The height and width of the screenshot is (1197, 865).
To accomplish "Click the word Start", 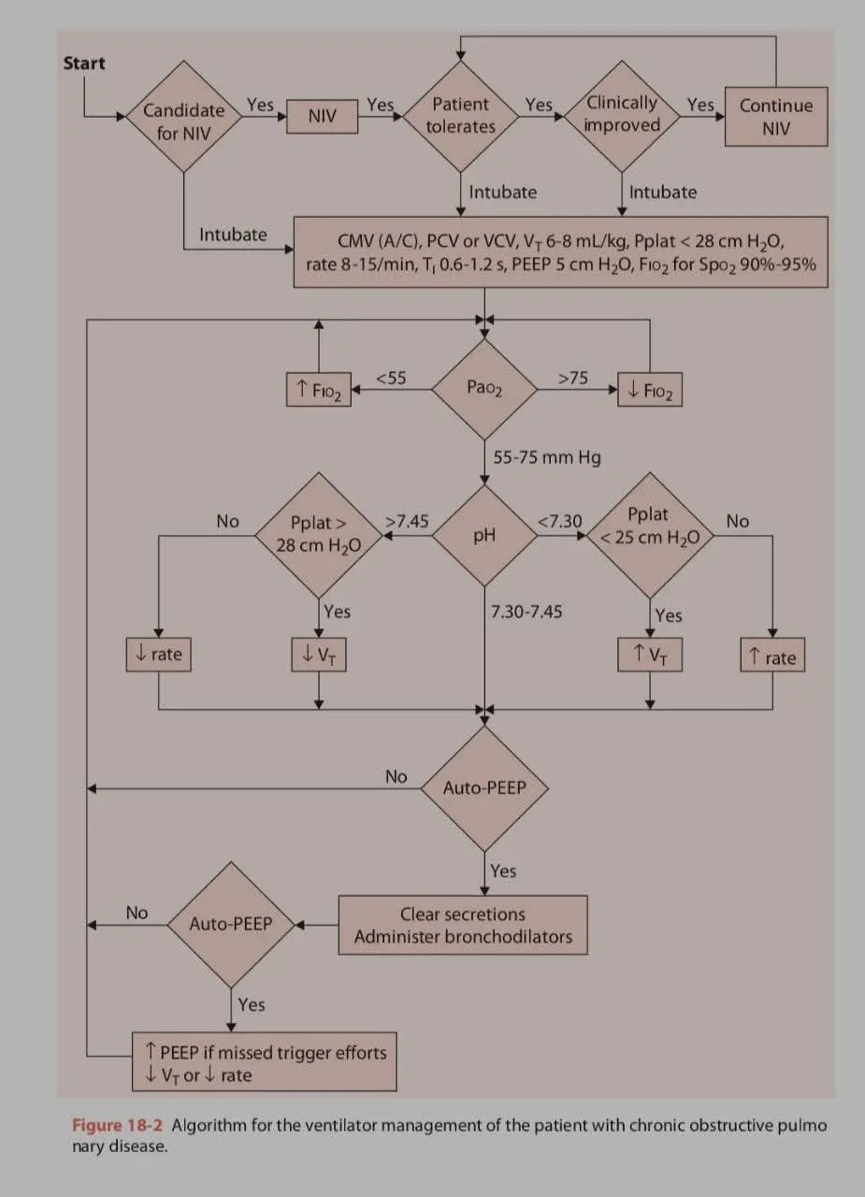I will click(x=84, y=64).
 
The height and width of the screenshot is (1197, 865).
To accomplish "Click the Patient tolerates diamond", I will click(x=461, y=116).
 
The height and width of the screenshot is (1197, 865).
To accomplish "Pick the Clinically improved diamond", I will click(x=622, y=115).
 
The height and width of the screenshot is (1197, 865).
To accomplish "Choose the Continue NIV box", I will click(x=776, y=117).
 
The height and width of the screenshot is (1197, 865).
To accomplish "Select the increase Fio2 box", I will click(x=319, y=389).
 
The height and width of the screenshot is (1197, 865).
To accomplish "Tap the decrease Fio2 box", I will click(x=650, y=389).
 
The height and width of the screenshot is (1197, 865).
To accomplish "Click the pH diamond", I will click(x=484, y=536).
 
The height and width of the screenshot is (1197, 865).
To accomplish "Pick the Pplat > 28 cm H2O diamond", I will click(x=318, y=535).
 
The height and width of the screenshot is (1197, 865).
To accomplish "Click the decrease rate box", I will click(x=158, y=654).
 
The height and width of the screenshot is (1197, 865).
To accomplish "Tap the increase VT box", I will click(x=650, y=654).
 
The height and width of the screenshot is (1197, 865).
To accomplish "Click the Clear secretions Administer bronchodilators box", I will click(x=463, y=925).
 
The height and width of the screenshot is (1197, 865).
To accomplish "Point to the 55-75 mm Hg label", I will click(x=547, y=457).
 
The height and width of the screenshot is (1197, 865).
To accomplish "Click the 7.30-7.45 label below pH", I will click(x=526, y=612).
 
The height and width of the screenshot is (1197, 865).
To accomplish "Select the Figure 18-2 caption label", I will click(x=119, y=1125).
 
